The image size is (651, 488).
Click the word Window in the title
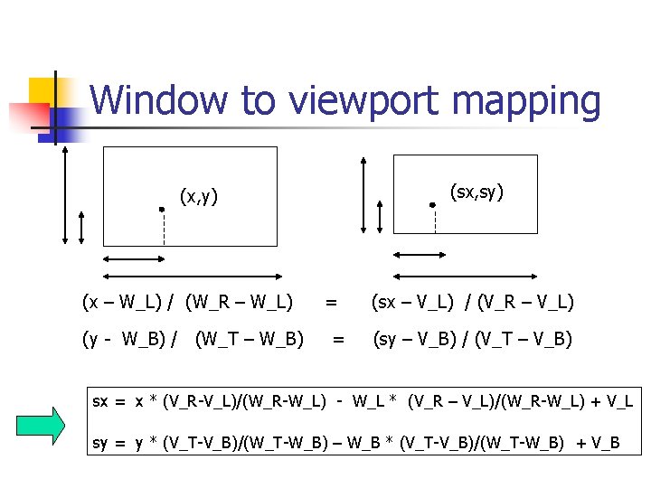tap(159, 100)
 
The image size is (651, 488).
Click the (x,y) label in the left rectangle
tap(198, 195)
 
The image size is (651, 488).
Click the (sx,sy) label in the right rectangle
tap(476, 192)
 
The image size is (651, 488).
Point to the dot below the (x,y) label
tap(161, 210)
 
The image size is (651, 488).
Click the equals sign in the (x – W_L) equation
tap(332, 301)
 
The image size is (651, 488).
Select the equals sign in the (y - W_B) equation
tap(338, 340)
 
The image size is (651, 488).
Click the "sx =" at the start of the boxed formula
tap(109, 400)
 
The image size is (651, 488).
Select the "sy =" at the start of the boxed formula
tap(109, 442)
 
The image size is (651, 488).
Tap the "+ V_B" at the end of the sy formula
tap(599, 442)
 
